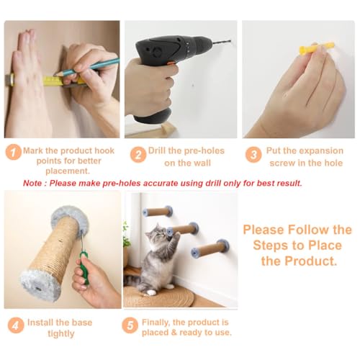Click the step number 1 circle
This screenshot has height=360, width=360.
[x=14, y=152]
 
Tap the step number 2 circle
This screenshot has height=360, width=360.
[x=138, y=155]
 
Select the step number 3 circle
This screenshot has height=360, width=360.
[x=253, y=155]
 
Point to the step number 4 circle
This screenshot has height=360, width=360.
[x=16, y=325]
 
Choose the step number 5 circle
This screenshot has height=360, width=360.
[x=130, y=325]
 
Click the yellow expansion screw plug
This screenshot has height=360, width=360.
[x=316, y=48]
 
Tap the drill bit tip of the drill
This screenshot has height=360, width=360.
[x=230, y=41]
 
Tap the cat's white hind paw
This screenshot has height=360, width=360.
[x=151, y=292]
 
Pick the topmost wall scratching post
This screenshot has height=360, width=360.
[x=158, y=211]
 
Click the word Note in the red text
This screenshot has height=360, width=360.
[x=32, y=184]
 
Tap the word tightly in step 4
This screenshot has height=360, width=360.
[x=61, y=333]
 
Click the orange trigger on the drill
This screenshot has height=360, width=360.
[x=171, y=63]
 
